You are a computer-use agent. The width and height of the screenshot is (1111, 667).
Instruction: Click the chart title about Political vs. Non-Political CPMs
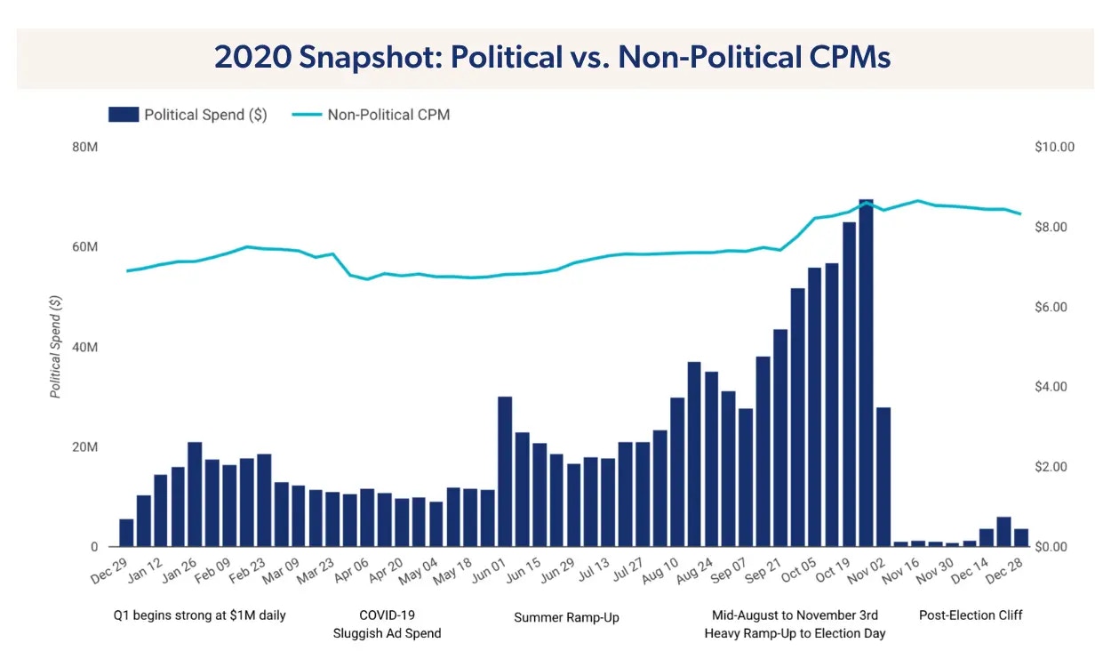click(x=552, y=58)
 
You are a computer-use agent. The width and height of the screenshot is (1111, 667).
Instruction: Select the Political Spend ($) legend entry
click(x=188, y=115)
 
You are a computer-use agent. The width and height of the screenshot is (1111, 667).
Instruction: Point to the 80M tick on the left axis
click(x=84, y=147)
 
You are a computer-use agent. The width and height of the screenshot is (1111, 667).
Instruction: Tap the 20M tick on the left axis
click(x=84, y=447)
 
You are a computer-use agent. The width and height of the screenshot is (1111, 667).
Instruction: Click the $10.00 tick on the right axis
click(x=1055, y=147)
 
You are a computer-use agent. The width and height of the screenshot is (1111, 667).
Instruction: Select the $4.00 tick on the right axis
click(x=1055, y=387)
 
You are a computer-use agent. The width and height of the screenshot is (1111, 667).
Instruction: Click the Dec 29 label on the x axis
click(x=109, y=574)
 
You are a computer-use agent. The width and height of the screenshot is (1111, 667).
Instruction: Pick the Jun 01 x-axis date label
click(x=487, y=574)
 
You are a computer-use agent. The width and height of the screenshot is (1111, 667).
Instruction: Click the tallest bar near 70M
click(x=866, y=374)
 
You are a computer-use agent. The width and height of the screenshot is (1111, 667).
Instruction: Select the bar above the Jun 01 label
click(x=505, y=471)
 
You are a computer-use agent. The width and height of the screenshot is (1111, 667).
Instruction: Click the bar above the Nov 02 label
click(x=883, y=477)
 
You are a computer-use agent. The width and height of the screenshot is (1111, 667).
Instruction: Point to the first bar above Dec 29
click(x=127, y=533)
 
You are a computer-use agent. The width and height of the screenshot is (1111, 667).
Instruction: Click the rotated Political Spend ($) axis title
click(x=55, y=347)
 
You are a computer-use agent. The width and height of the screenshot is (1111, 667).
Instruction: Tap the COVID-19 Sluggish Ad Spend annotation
click(x=387, y=624)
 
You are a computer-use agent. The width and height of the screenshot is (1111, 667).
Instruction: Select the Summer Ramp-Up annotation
click(x=566, y=617)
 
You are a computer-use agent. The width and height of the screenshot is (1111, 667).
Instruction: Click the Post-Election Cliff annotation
click(x=971, y=615)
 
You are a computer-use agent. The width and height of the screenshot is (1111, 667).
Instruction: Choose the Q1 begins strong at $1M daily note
click(x=200, y=615)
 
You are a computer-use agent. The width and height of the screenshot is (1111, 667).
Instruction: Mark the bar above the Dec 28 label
click(x=1021, y=538)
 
